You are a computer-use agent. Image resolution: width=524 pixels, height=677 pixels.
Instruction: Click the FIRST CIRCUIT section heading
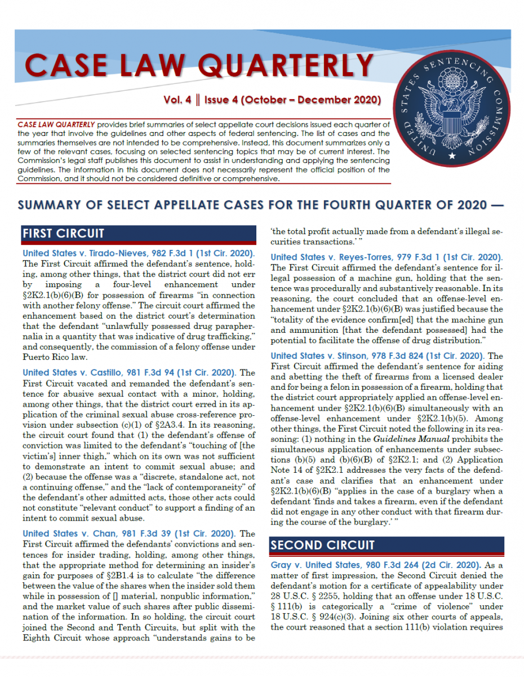[63, 233]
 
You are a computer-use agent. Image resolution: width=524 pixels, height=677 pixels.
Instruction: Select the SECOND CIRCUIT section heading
[322, 545]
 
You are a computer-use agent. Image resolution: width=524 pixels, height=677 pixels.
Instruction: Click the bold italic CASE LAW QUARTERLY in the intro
[56, 124]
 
